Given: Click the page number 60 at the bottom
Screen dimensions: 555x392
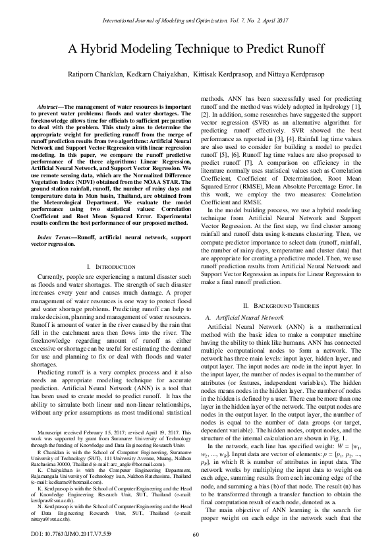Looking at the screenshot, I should [196, 535].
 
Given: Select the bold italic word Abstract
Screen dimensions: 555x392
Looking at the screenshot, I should [52, 106].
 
